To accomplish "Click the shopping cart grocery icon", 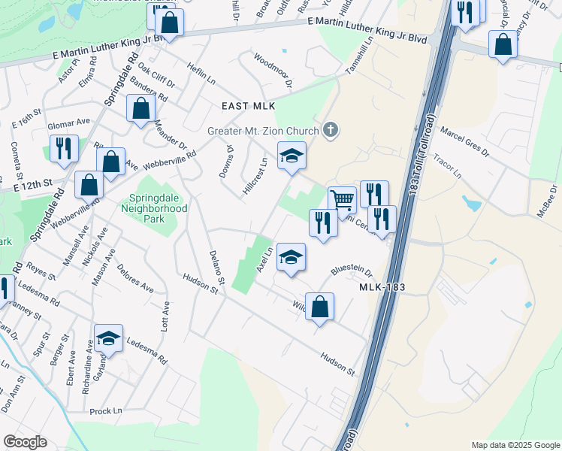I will tap(342, 200).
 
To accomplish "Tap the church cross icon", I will tap(330, 131).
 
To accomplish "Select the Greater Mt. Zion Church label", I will tap(263, 130).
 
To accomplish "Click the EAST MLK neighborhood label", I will tap(249, 106).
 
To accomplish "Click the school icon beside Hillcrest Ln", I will tap(292, 156).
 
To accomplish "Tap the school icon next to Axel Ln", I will tap(291, 257).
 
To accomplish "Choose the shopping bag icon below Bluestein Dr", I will tap(319, 307).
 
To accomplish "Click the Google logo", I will tap(25, 442).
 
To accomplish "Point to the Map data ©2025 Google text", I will tap(515, 445).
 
